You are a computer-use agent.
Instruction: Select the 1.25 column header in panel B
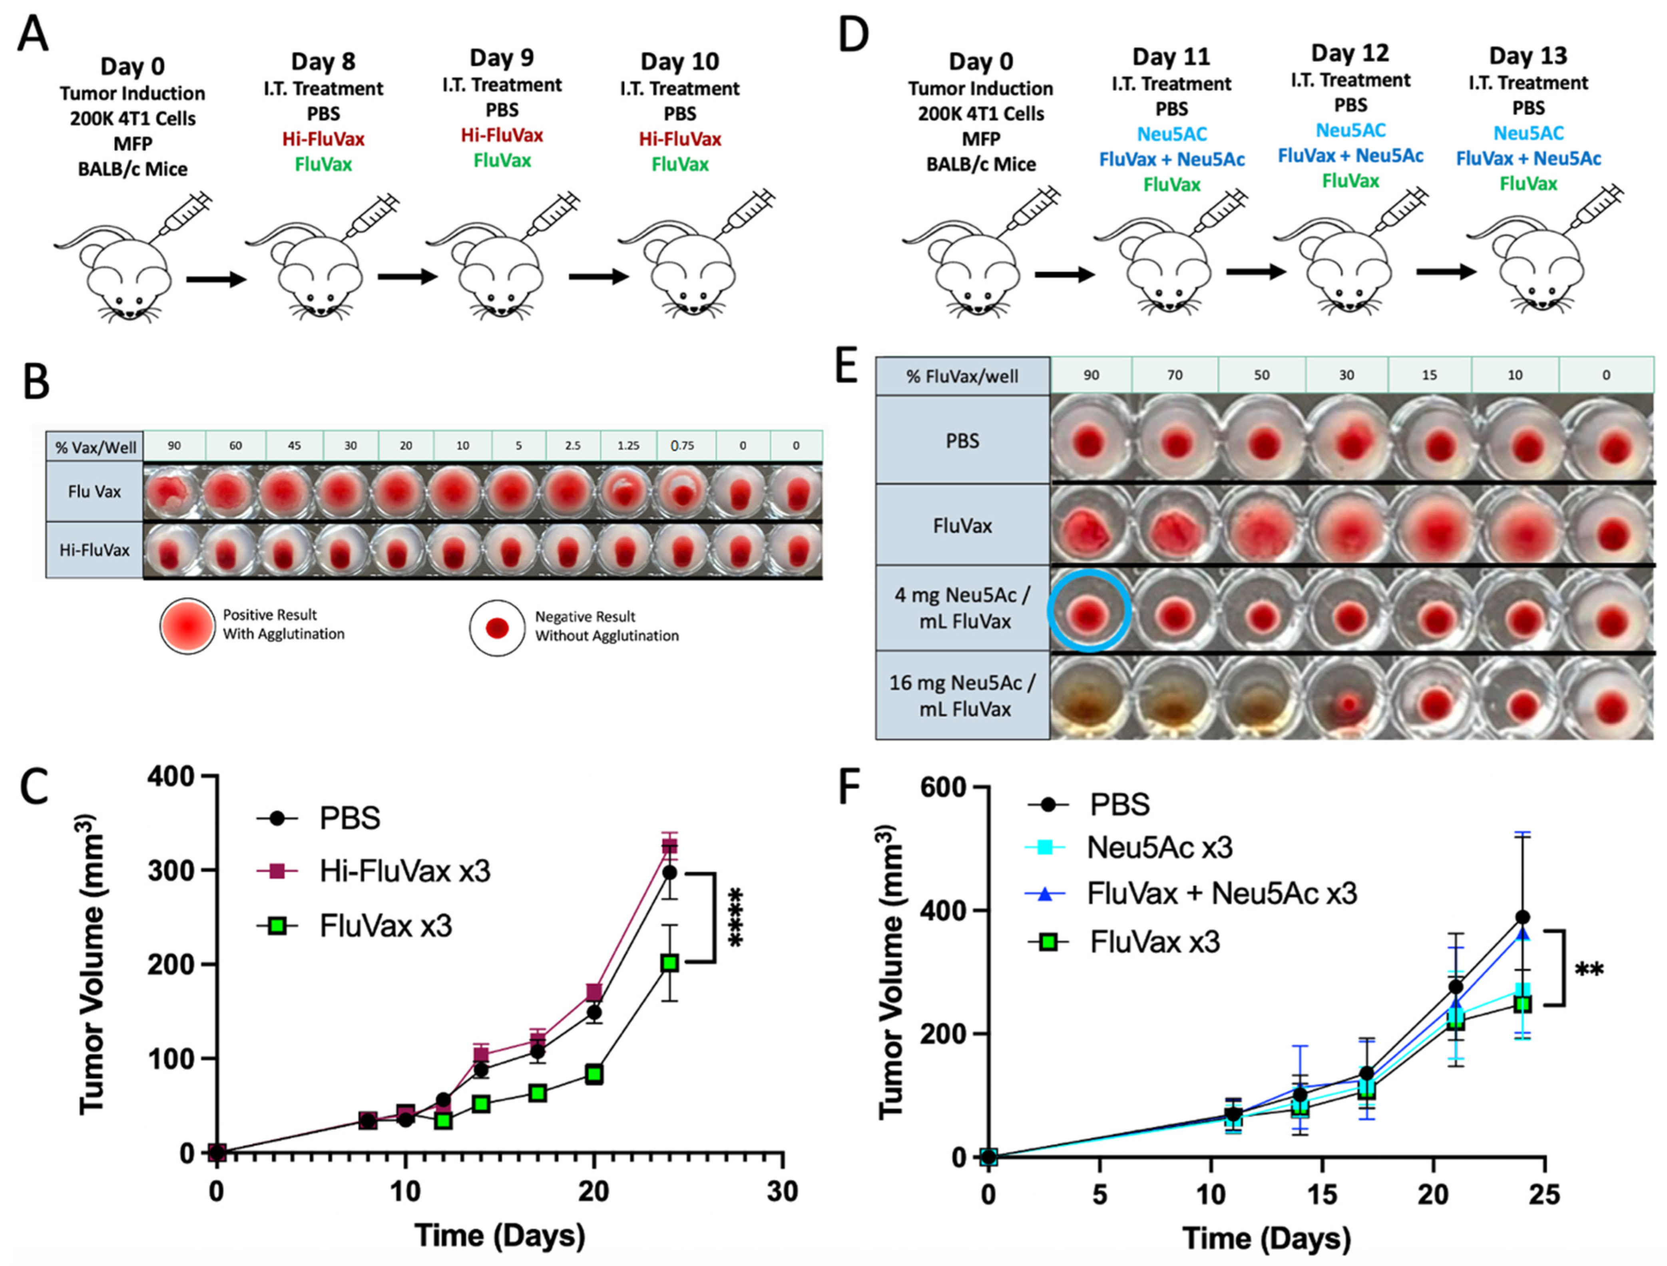click(x=628, y=445)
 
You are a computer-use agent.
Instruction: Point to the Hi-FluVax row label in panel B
click(x=94, y=550)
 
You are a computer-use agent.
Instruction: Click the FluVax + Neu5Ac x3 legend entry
click(x=1221, y=894)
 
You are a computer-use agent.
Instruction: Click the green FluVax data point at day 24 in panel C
click(x=669, y=963)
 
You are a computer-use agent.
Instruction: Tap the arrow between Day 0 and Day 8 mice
click(x=216, y=280)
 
